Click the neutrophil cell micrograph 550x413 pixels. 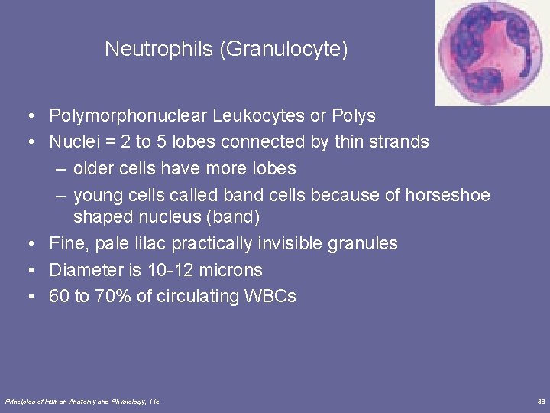point(492,52)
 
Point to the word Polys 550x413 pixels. point(354,116)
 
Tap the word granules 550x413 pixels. point(364,244)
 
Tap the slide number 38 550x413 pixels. point(541,401)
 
